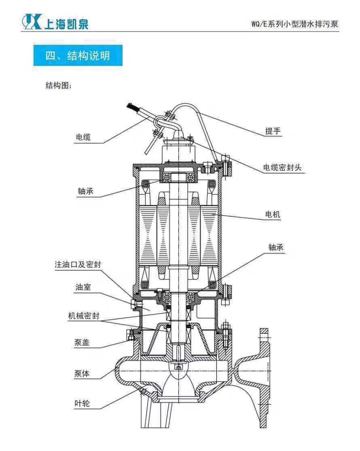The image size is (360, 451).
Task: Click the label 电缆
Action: click(83, 137)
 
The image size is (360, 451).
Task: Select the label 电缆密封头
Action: click(282, 168)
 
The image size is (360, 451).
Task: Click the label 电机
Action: click(273, 215)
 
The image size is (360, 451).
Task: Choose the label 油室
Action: click(83, 287)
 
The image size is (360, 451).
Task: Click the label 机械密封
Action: click(83, 316)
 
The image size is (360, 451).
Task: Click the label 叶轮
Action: click(82, 403)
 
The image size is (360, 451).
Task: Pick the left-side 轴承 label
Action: click(85, 191)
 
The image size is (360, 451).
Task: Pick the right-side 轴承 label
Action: click(276, 248)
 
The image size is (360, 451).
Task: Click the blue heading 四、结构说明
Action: click(78, 55)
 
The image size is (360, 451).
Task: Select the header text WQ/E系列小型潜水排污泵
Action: click(294, 24)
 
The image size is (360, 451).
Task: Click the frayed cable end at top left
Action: click(131, 108)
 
